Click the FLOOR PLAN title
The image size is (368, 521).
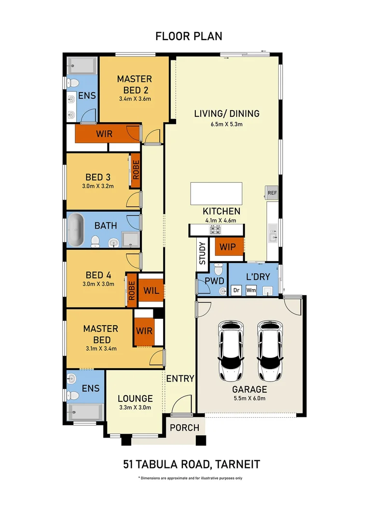[x=189, y=36]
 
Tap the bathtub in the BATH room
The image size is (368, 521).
[x=76, y=230]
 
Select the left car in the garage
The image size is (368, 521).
[x=231, y=351]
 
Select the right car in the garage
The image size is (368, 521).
[x=270, y=351]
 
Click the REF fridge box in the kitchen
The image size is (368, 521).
[x=272, y=192]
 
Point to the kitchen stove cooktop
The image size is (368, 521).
[x=215, y=230]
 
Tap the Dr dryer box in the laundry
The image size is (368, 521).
[x=236, y=290]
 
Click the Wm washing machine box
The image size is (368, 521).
[x=251, y=290]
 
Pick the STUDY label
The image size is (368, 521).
[x=202, y=253]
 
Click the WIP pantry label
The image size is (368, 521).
[x=228, y=247]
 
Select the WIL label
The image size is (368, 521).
[x=151, y=291]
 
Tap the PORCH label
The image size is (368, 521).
[x=185, y=427]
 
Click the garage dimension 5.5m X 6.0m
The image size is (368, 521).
[x=249, y=398]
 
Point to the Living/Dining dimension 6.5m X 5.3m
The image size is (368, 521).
[x=227, y=124]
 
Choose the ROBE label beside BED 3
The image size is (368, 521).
[x=136, y=170]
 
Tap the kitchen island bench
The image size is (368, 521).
[x=216, y=193]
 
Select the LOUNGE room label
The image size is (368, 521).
[x=135, y=398]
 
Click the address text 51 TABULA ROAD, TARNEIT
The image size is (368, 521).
[x=191, y=464]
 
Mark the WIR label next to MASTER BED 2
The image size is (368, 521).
[x=104, y=134]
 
